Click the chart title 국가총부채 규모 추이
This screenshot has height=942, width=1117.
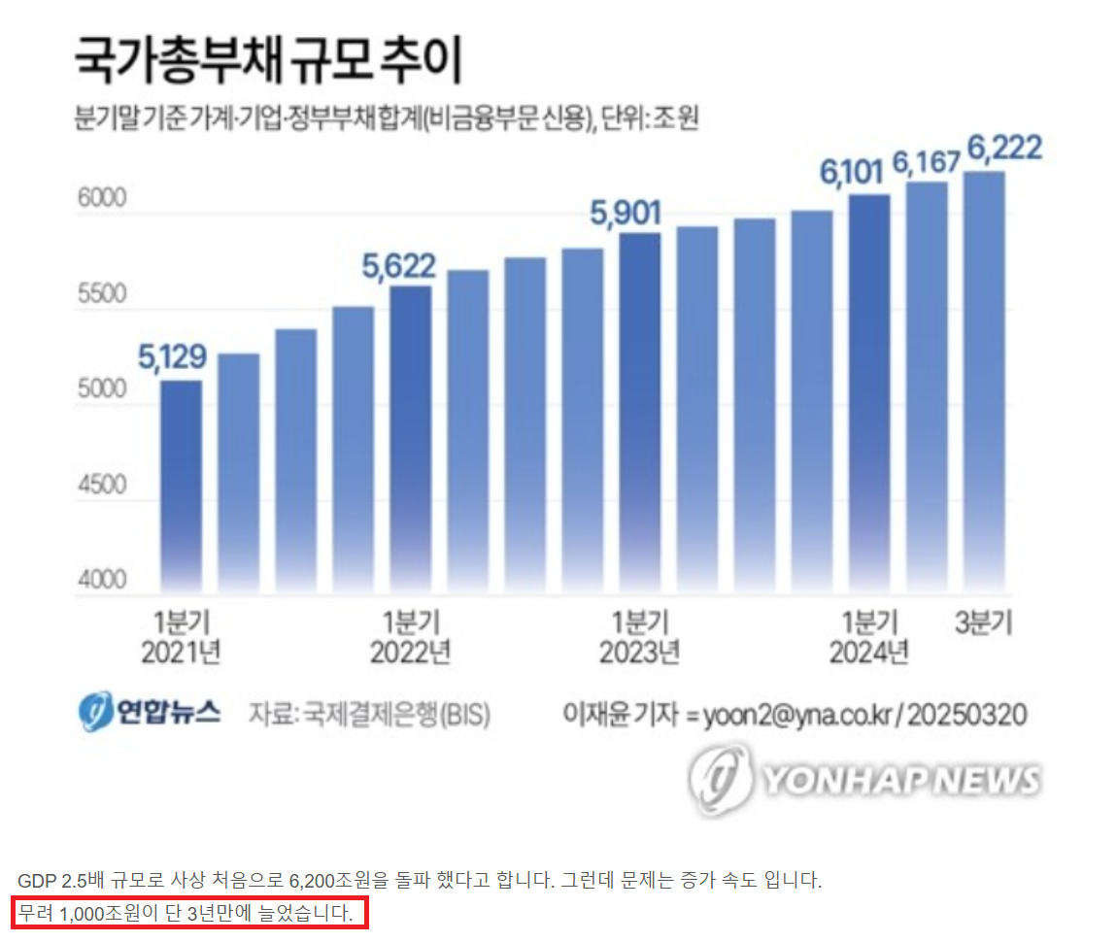click(x=269, y=61)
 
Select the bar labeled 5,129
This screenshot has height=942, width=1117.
click(x=181, y=486)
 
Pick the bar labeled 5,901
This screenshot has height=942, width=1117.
click(x=639, y=413)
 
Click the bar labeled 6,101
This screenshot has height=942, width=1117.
click(x=868, y=393)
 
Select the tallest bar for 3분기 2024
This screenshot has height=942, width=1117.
click(x=983, y=384)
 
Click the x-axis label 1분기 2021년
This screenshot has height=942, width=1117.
click(x=181, y=637)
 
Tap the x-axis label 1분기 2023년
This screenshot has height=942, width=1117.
click(x=639, y=637)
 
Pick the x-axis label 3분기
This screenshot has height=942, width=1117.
click(x=983, y=622)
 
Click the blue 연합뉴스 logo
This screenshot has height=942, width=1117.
click(x=150, y=714)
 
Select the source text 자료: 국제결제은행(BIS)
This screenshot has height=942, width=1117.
click(x=369, y=716)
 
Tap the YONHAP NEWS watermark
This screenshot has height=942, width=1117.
click(x=864, y=779)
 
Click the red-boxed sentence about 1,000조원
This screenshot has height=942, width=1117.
click(x=189, y=913)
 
